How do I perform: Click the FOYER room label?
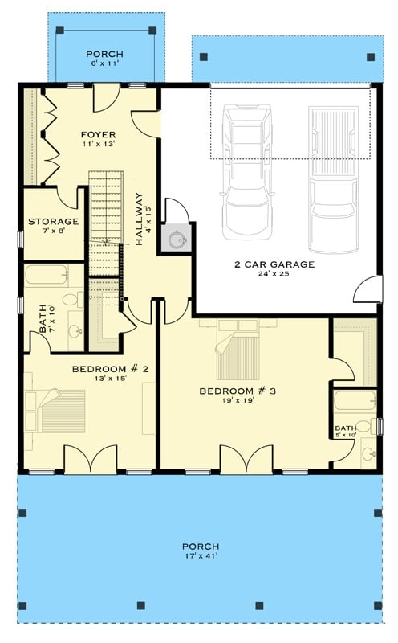pyautogui.click(x=99, y=134)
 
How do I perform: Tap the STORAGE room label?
pyautogui.click(x=54, y=221)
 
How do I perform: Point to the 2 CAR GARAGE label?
pyautogui.click(x=274, y=264)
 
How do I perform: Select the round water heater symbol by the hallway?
pyautogui.click(x=177, y=238)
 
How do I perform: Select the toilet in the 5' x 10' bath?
pyautogui.click(x=363, y=426)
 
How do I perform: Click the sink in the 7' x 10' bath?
pyautogui.click(x=74, y=330)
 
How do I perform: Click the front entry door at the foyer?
pyautogui.click(x=107, y=97)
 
